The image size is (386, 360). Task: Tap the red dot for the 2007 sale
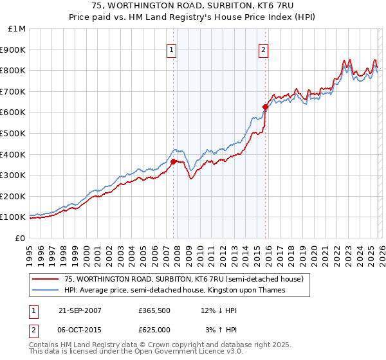173,161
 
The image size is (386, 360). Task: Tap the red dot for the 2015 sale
264,107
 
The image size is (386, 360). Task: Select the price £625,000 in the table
154,329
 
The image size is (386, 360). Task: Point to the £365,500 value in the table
154,310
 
